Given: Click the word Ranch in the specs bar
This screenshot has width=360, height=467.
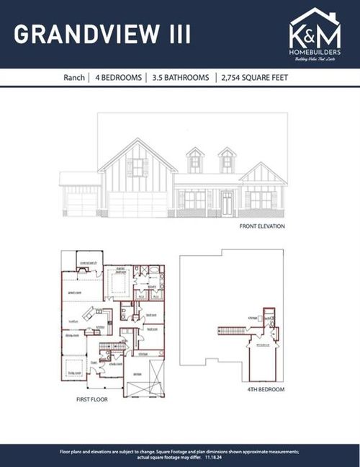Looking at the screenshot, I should (72, 77).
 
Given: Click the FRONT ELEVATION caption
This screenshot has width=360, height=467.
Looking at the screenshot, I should (262, 226).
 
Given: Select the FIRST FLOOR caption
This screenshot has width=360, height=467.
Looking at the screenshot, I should (91, 398).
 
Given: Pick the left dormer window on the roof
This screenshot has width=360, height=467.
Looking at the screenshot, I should (195, 162).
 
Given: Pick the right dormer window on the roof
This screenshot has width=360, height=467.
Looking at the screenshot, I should (227, 162).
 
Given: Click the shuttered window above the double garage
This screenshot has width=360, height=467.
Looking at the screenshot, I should (137, 168).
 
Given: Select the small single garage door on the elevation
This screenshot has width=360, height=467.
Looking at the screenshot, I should (81, 203).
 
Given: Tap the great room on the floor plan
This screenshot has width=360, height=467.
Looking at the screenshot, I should (74, 293).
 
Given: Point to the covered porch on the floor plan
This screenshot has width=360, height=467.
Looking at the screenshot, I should (90, 262).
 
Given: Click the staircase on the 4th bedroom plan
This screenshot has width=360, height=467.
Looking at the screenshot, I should (232, 331).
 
